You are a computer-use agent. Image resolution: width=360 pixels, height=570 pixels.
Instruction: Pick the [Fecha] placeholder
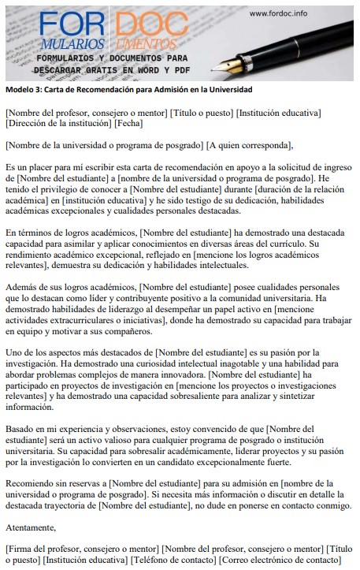pyautogui.click(x=128, y=124)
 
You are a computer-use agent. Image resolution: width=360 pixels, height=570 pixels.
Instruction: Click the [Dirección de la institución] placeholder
pyautogui.click(x=58, y=124)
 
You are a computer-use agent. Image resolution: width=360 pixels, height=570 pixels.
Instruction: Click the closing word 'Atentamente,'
pyautogui.click(x=31, y=527)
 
